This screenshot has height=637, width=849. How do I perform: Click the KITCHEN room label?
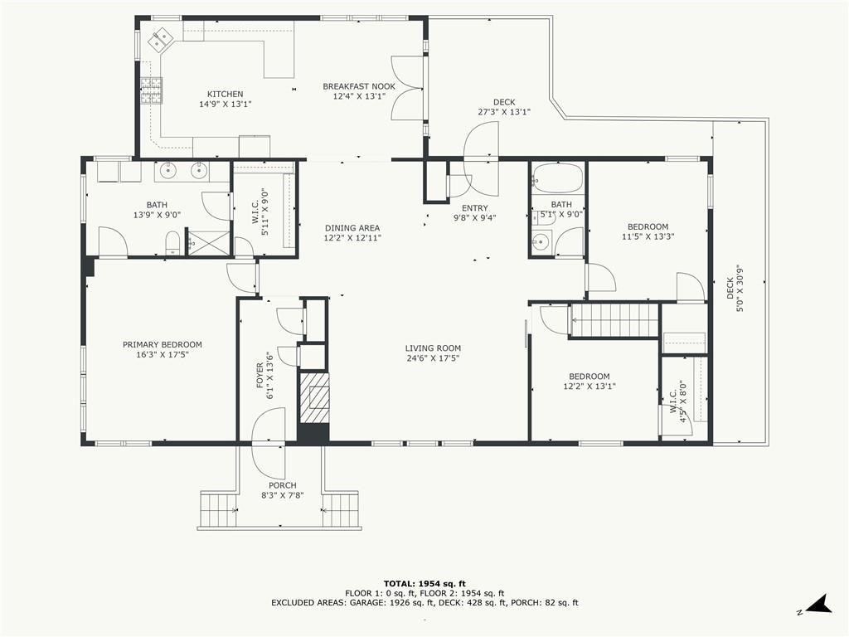[x=226, y=95]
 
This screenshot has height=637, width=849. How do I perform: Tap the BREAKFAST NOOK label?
[x=359, y=86]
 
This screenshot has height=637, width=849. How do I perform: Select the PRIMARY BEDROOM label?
[x=163, y=344]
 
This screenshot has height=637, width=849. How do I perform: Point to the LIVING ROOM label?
[x=433, y=348]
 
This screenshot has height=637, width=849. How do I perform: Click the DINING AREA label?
[x=352, y=228]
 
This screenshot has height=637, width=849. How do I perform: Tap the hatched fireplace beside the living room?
[x=313, y=398]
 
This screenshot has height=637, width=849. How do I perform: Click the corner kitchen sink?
[x=160, y=39]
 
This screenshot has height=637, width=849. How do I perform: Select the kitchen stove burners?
[x=152, y=90]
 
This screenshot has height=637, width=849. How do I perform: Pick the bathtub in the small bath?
[x=558, y=177]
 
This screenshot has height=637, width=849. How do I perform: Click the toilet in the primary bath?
[x=172, y=242]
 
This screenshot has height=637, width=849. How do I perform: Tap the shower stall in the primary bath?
[x=208, y=241]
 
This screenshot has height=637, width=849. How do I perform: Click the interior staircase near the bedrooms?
[x=615, y=320]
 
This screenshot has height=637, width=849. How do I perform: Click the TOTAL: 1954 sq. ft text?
[x=424, y=583]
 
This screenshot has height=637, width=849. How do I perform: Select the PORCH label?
[x=283, y=485]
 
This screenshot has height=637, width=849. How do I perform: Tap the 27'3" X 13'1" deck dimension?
[x=504, y=112]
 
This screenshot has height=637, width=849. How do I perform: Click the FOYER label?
[x=260, y=376]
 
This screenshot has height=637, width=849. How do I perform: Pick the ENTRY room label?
[x=475, y=208]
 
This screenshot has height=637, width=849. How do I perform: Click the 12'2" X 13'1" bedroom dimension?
[x=589, y=387]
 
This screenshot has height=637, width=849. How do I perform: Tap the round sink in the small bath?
[x=540, y=241]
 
